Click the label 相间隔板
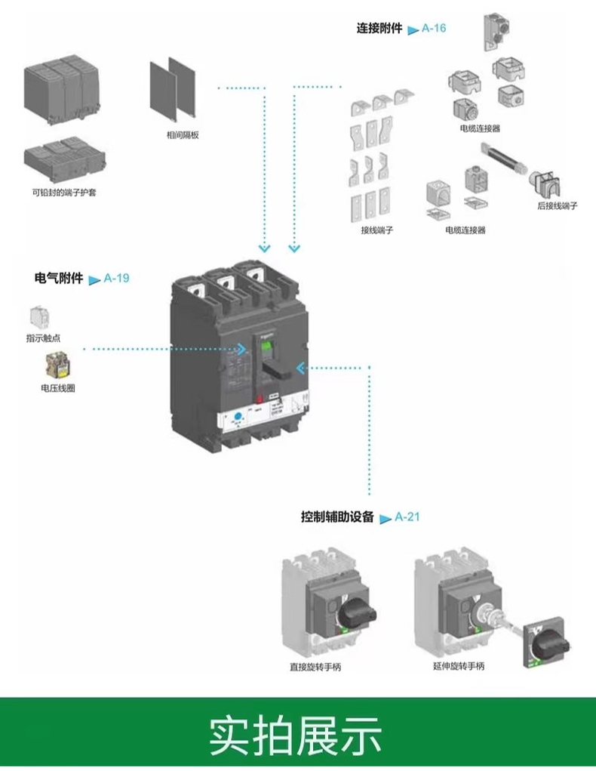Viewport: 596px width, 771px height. tap(183, 135)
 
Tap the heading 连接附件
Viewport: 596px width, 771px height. tap(379, 29)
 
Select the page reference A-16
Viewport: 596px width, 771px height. tap(434, 29)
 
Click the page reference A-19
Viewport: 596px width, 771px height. tap(116, 278)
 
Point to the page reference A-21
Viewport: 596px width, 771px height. tap(407, 517)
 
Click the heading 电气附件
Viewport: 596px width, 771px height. tap(58, 278)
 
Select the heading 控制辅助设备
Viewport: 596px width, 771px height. tap(337, 517)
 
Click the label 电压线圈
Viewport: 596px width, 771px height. tap(58, 388)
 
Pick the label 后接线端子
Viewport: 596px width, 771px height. tap(557, 205)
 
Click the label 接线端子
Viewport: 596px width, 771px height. tap(377, 230)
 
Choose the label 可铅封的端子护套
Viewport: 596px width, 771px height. tap(64, 193)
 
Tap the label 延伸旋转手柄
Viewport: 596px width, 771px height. tap(459, 666)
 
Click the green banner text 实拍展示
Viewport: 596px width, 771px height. tap(296, 733)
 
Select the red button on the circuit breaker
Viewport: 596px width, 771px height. tap(259, 398)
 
